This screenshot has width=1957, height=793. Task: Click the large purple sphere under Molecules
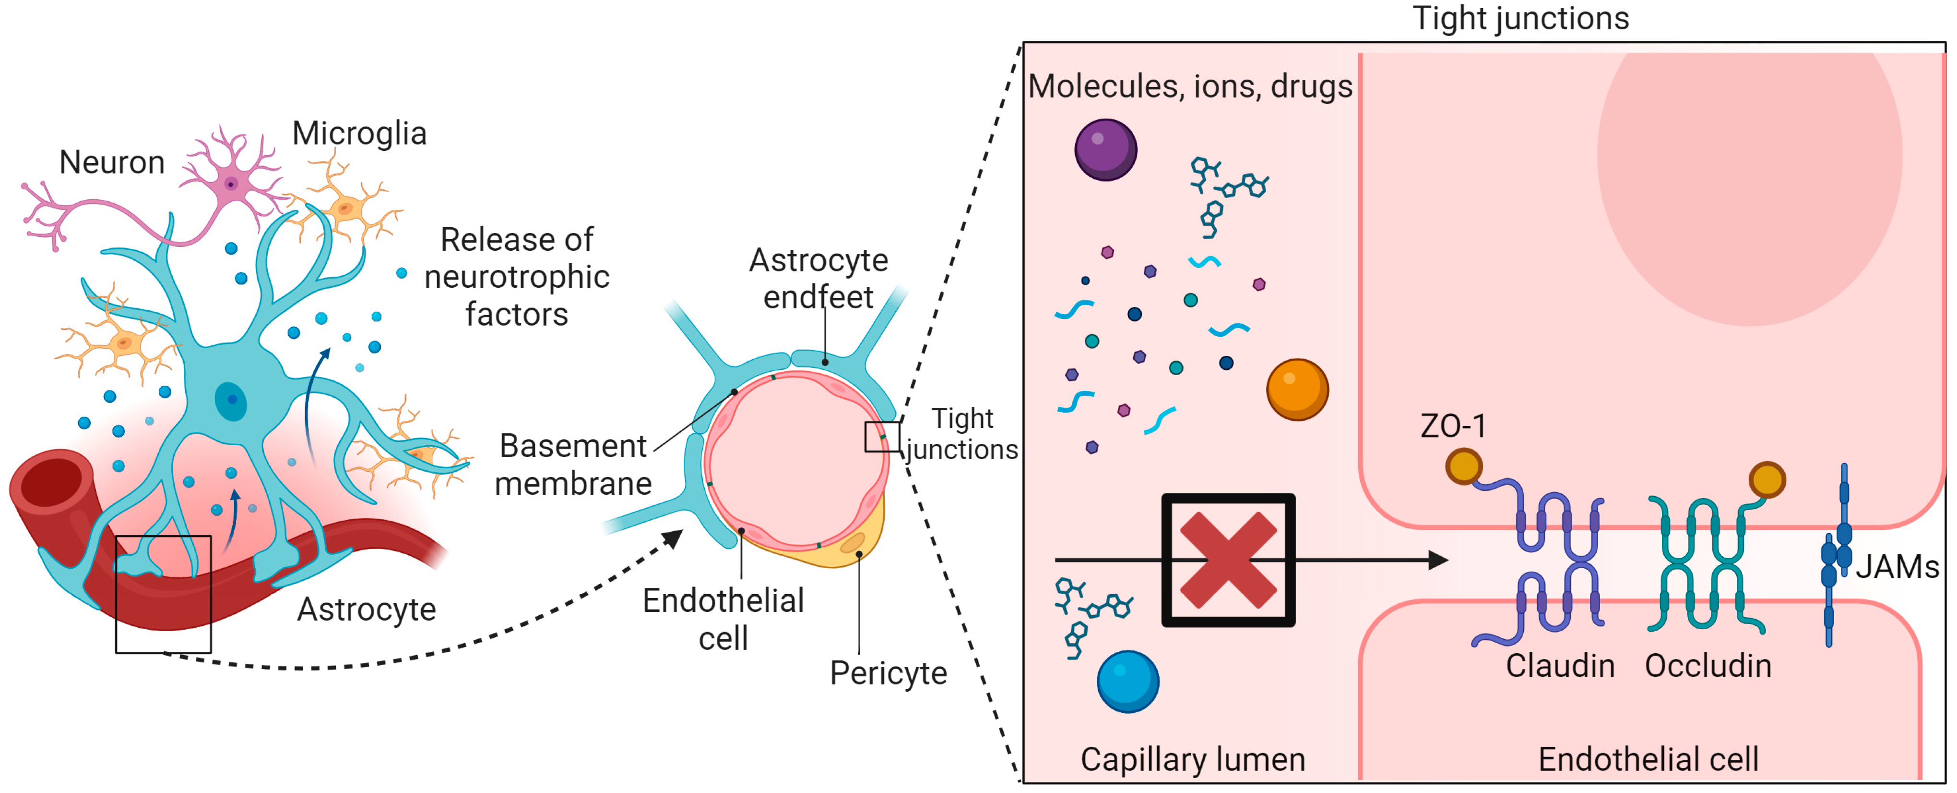pos(1105,150)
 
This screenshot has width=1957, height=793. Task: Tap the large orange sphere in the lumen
pos(1297,389)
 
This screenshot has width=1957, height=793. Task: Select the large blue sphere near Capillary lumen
pos(1127,681)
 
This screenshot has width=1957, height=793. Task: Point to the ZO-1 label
pos(1453,426)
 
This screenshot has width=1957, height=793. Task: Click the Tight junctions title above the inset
pos(1520,18)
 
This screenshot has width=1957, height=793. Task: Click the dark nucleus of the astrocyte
pos(231,400)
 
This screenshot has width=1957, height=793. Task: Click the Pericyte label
pos(888,673)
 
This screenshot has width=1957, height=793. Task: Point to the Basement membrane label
pos(573,464)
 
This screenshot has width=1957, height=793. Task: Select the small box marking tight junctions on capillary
pos(882,437)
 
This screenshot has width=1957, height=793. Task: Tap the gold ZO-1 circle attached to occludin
pos(1767,480)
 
